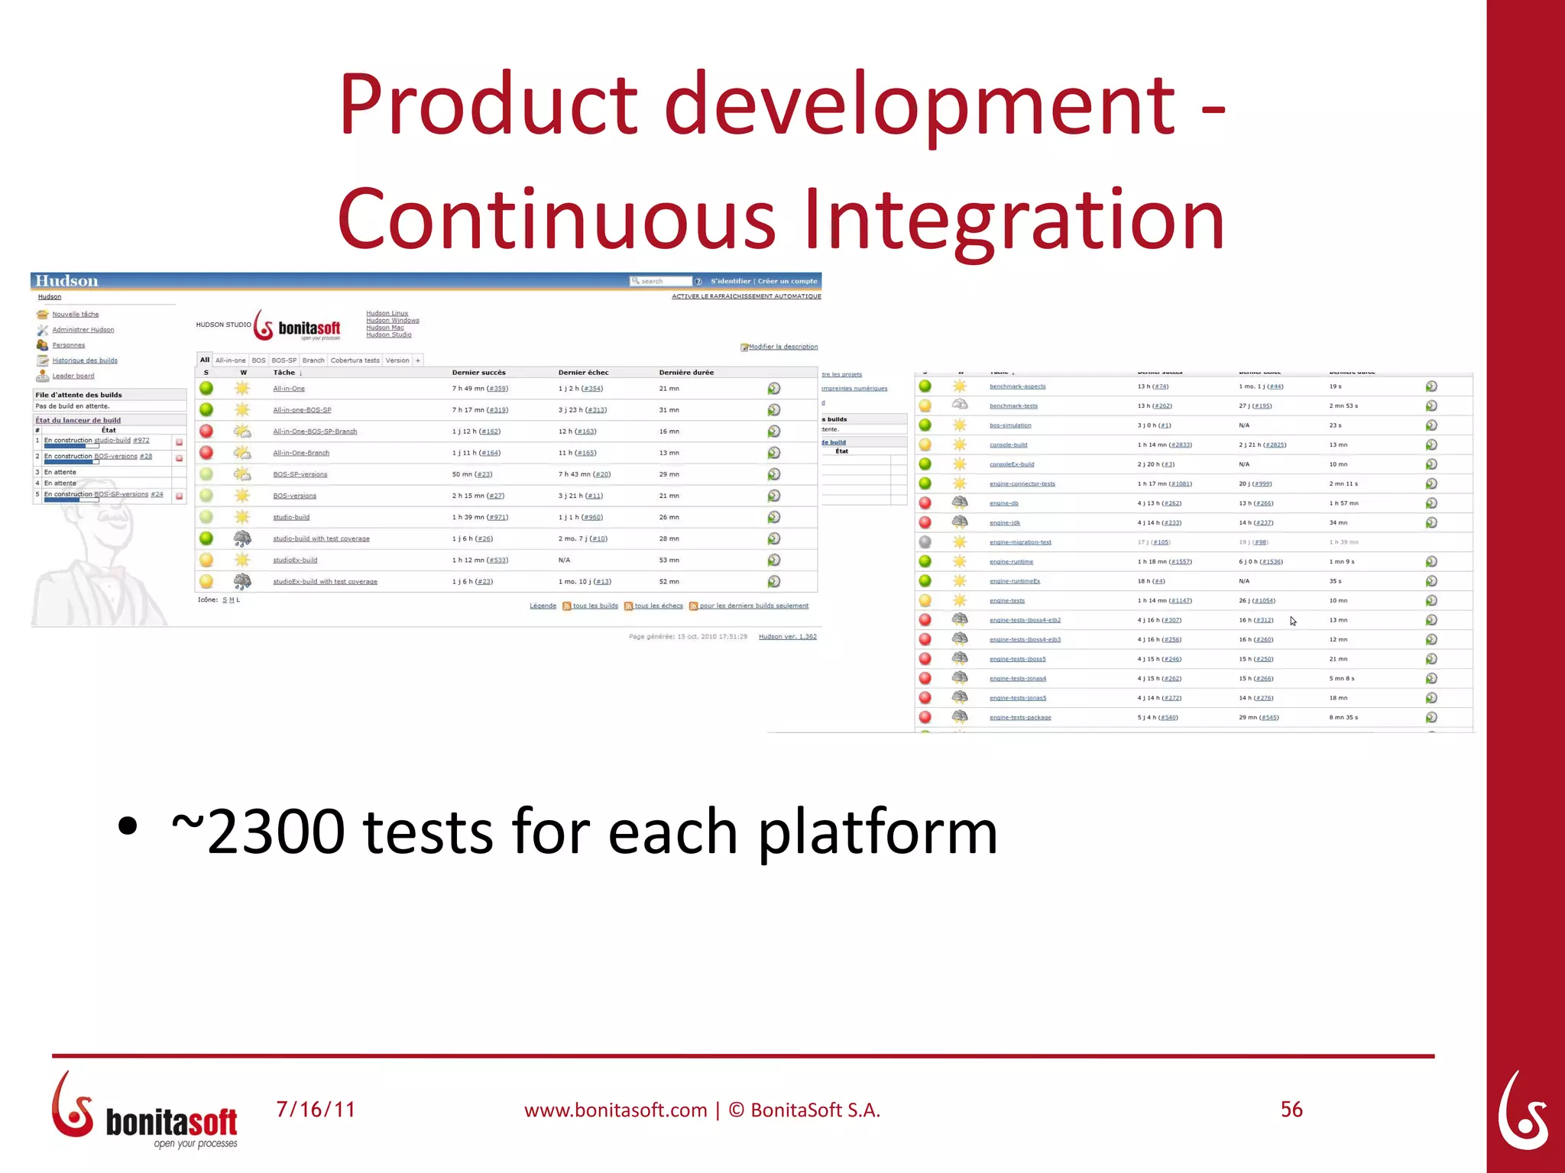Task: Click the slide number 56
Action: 1291,1110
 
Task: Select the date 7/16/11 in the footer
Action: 316,1110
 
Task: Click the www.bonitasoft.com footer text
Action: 615,1110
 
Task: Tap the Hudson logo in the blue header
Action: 66,281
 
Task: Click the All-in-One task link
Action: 289,389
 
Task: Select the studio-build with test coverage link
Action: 321,539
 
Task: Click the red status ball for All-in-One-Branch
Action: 206,453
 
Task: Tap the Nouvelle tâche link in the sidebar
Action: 75,315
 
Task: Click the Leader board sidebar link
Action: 73,376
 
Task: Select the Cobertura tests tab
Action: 355,360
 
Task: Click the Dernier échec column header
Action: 583,373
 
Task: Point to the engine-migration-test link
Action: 1020,542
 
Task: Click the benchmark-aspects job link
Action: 1017,386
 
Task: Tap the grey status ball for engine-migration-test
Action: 925,542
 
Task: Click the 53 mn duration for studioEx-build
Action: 669,561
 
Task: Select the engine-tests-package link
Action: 1020,718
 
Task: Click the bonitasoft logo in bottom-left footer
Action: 145,1111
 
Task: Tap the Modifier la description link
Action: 782,347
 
